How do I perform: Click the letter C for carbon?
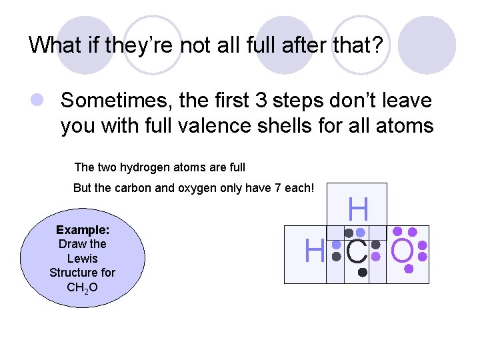tap(357, 251)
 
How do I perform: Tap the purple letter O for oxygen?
tap(403, 251)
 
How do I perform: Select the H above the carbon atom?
tap(358, 210)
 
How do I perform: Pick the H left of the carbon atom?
tap(314, 251)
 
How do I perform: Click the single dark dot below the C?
tap(362, 272)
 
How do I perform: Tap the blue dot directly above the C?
tap(361, 232)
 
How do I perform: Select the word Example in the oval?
tap(83, 229)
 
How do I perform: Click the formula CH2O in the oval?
tap(83, 287)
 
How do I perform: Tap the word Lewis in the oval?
tap(83, 258)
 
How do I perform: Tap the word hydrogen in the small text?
tap(151, 167)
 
